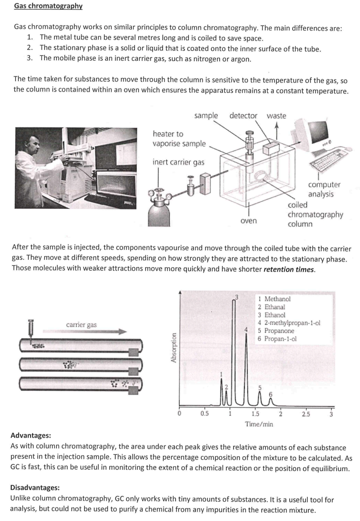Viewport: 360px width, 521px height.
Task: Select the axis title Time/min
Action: point(259,424)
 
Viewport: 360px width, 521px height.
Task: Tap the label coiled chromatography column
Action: point(315,214)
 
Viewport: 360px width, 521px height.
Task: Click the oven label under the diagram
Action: point(248,220)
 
